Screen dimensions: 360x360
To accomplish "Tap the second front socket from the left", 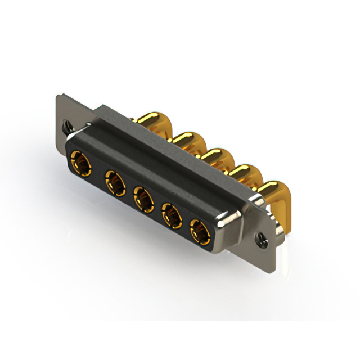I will coord(114,183).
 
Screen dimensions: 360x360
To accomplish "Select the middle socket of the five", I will coord(143,199).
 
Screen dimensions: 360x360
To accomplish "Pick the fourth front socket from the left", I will coord(171,214).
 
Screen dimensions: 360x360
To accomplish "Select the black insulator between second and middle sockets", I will coord(129,191).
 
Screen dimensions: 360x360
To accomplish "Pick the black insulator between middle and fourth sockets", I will coord(157,207).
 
